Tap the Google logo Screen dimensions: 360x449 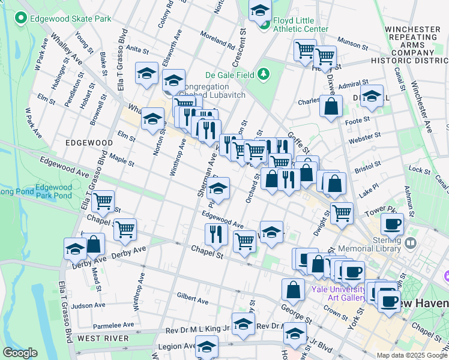(21, 353)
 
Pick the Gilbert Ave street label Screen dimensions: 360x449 (192, 296)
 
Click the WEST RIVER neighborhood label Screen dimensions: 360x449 (103, 339)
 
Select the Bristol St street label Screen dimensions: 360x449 (367, 164)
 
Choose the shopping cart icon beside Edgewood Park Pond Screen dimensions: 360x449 (103, 201)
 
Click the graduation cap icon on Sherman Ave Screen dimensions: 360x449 (218, 188)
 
